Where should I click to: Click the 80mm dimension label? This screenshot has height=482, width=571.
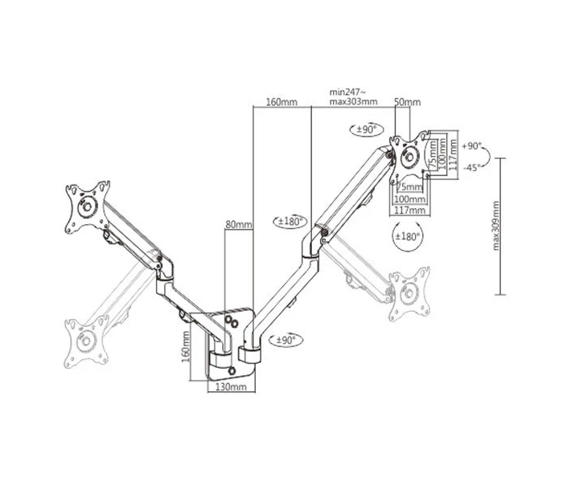point(239,224)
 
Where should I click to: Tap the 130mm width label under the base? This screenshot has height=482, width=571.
point(232,386)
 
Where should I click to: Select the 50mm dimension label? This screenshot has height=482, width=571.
point(408,102)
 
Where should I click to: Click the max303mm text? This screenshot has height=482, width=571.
point(353,101)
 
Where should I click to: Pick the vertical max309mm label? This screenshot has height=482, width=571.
point(496,226)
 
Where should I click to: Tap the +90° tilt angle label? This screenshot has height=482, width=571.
point(471,146)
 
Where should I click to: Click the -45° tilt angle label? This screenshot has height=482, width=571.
point(471,167)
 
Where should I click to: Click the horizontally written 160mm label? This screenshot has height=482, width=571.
point(281,102)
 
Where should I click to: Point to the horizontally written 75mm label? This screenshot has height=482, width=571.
point(409,187)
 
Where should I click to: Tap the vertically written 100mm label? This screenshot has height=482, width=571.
point(442,153)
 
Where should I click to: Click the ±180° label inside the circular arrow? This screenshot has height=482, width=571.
point(408,237)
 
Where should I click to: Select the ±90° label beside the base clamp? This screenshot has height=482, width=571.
point(286,341)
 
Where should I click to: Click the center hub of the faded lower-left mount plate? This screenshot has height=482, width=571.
point(86,341)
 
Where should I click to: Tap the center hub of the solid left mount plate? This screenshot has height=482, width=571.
point(88,206)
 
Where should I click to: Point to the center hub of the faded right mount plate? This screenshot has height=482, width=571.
point(409,292)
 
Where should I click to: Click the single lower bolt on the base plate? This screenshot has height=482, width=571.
point(232,370)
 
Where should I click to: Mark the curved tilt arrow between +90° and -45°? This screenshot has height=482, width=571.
point(490,157)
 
